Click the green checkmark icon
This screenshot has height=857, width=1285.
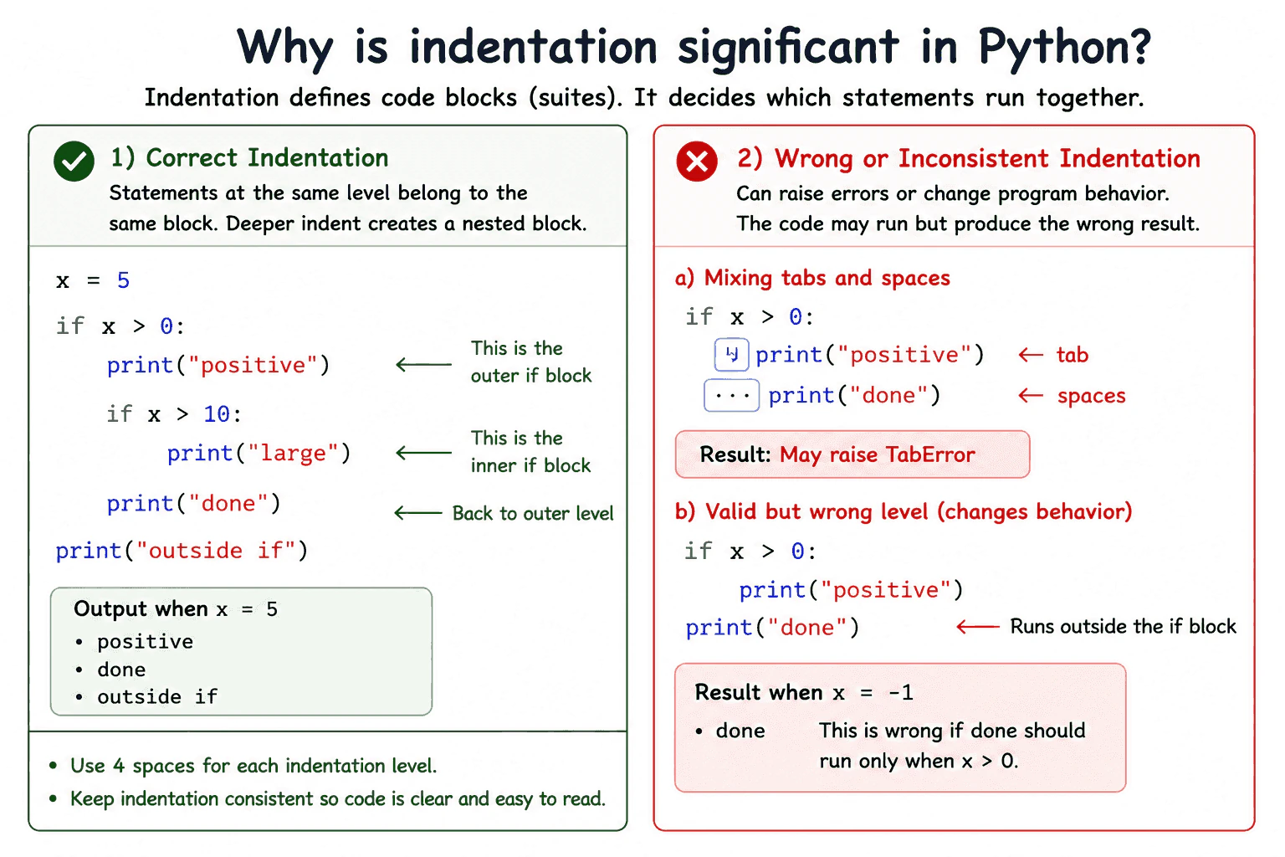(74, 162)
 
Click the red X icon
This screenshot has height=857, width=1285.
(697, 162)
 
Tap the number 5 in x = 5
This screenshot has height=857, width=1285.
(123, 280)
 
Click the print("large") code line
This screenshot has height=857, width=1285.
(259, 454)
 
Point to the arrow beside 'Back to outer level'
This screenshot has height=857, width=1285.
(418, 512)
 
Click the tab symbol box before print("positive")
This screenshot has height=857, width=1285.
(731, 355)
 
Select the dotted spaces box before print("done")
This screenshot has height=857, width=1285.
(732, 395)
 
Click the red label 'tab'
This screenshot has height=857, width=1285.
(1073, 355)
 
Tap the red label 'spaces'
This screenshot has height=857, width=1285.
(1091, 396)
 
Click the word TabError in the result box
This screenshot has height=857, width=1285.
(930, 454)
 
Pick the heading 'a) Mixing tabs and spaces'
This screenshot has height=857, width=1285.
(812, 279)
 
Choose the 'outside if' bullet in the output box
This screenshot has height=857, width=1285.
(156, 697)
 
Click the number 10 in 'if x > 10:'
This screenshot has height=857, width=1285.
(217, 414)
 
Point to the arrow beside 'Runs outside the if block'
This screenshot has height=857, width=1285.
(978, 626)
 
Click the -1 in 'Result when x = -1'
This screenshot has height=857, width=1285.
(901, 693)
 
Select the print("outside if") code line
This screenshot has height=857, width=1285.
(182, 551)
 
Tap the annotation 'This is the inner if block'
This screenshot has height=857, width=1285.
(530, 452)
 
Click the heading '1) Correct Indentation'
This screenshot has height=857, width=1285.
(249, 158)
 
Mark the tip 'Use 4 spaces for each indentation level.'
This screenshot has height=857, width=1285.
(253, 766)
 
